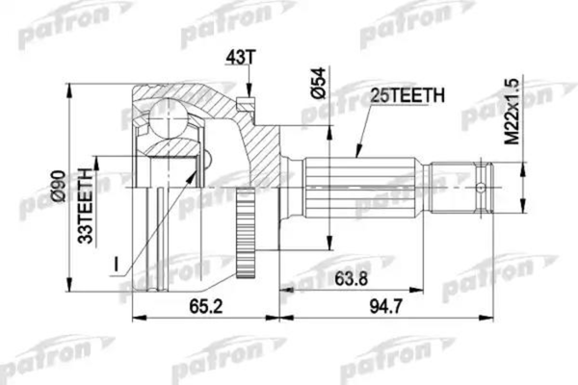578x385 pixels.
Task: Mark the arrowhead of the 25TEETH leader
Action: coord(355,155)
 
